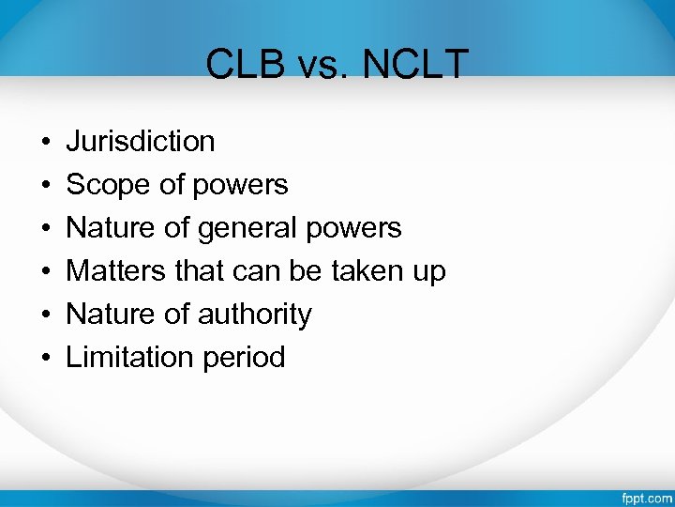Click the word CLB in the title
point(240,65)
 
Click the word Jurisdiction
point(141,142)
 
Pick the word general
point(247,228)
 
